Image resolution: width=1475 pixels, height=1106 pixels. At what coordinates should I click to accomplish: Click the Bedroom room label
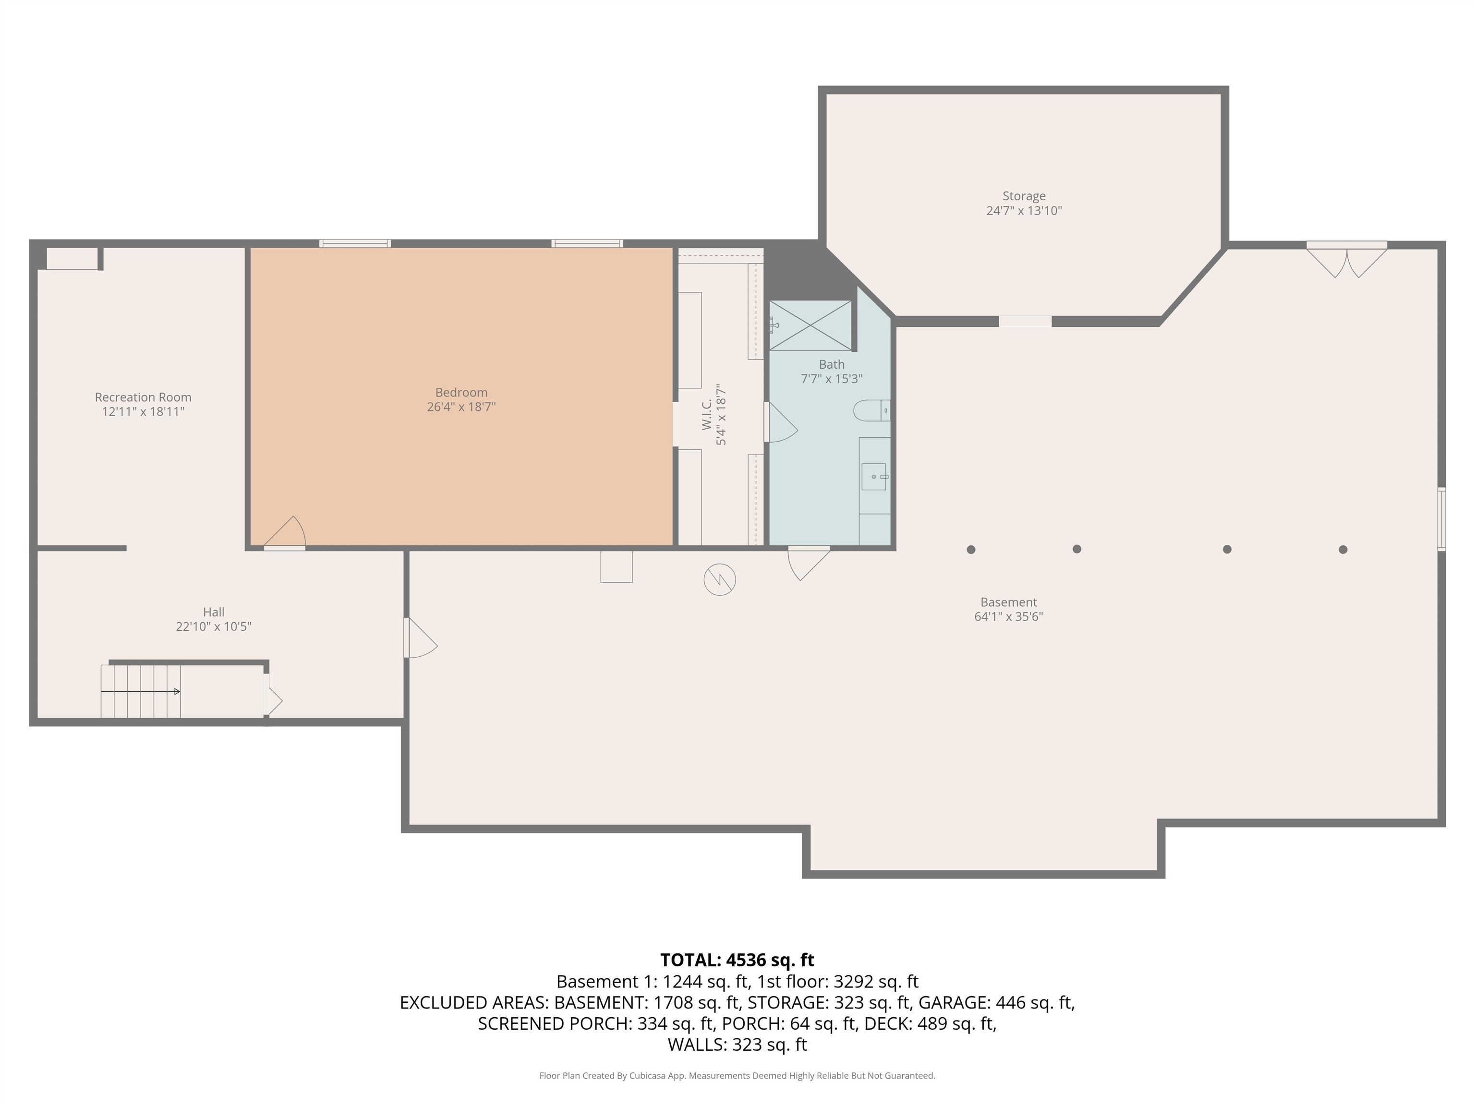pos(461,392)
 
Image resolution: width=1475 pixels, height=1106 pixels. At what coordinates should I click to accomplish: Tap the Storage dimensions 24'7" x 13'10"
pos(1024,211)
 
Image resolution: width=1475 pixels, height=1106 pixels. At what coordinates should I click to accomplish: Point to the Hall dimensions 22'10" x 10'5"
pos(213,626)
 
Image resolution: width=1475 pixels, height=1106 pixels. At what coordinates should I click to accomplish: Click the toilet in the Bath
pos(871,410)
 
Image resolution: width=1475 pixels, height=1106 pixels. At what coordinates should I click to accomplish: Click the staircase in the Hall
pos(141,691)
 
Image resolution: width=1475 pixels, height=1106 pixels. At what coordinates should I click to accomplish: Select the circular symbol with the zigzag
pos(720,579)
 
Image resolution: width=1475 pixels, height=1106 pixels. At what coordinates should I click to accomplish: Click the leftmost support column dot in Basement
pos(971,549)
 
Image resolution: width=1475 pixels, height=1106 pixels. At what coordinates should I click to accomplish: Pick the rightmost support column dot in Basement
pos(1343,549)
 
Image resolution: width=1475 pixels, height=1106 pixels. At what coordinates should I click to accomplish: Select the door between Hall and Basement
pos(420,638)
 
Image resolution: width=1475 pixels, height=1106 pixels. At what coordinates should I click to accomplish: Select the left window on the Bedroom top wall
pos(355,243)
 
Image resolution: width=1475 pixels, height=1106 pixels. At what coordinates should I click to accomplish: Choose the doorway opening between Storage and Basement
pos(1025,321)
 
